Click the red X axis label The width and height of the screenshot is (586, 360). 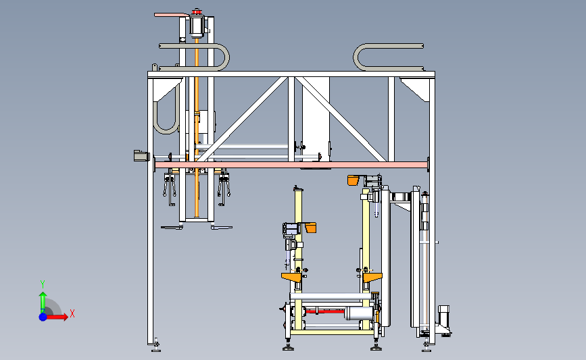[x=72, y=313]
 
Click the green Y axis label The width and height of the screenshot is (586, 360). [x=43, y=284]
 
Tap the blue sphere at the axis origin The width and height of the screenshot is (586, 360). [x=43, y=317]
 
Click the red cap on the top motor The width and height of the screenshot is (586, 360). [x=197, y=12]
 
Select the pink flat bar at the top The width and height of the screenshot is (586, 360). [x=172, y=15]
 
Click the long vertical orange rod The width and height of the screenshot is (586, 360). [x=197, y=127]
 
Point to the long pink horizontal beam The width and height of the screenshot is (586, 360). [x=291, y=165]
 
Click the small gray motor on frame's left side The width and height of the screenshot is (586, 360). [x=142, y=156]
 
